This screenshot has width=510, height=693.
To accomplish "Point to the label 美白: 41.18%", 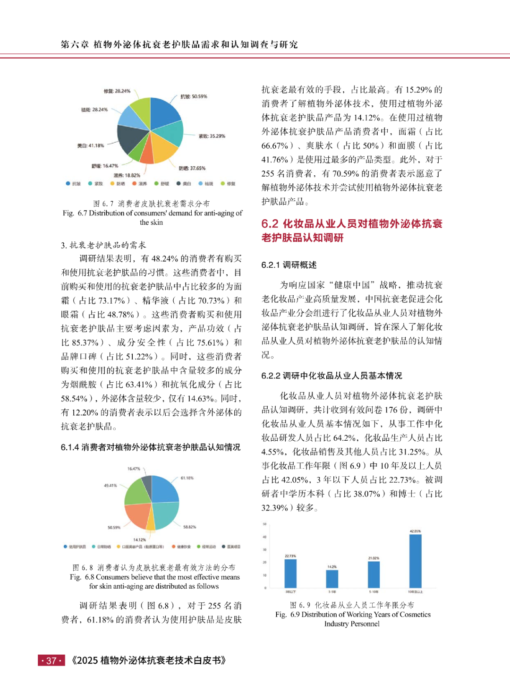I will pos(91,145).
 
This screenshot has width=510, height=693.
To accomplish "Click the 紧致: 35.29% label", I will pos(212,136).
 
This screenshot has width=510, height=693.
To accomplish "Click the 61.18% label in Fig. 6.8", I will pos(187,478).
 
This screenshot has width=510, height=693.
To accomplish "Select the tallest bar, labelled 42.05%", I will pos(415,561).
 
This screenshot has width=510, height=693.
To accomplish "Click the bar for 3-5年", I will pos(332,579).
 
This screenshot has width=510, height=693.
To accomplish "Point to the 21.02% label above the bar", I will pos(374,558).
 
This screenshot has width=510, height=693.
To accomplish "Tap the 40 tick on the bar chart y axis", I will pos(265,537).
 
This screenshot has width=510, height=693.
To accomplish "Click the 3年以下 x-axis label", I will pos(290,591).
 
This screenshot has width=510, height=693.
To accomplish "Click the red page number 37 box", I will pos(51,660).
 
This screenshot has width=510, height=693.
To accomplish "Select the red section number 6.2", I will pos(270,223).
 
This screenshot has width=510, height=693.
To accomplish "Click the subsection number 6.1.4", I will pos(70,447).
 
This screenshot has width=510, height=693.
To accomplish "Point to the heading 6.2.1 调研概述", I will pos(289,265).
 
